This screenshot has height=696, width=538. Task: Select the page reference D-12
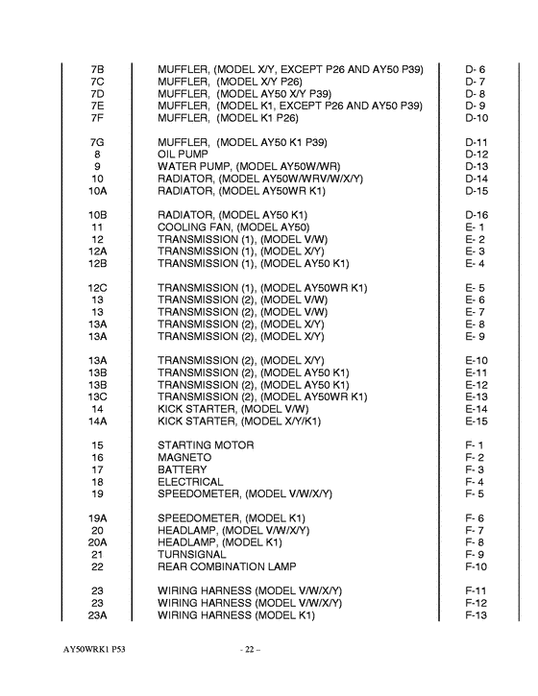(477, 154)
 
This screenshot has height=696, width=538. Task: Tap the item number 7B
(97, 68)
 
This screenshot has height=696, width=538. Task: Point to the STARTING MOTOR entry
(206, 445)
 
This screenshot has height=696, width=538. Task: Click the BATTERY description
(183, 470)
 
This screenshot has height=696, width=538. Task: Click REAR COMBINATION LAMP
(227, 566)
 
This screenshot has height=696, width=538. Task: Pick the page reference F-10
(477, 566)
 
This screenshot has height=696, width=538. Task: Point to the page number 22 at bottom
(252, 650)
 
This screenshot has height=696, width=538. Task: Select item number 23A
(97, 615)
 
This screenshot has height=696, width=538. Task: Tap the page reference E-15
(477, 420)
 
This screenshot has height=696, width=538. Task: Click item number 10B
(97, 214)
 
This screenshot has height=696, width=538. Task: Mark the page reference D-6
(477, 68)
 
